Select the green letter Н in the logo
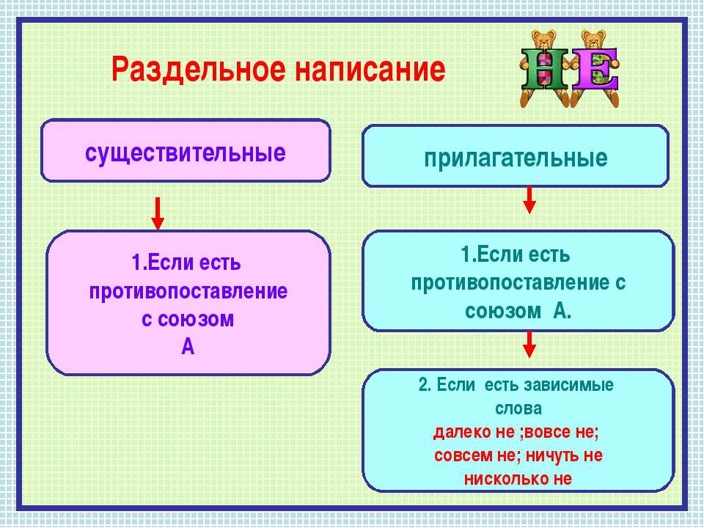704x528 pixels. coord(545,69)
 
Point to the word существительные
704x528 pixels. coord(186,153)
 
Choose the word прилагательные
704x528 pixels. coord(516,158)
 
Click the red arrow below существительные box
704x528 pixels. coord(158,213)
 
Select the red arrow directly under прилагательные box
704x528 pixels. coord(529,200)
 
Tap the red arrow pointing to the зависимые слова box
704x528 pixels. coord(529,345)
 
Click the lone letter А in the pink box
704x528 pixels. coord(188,347)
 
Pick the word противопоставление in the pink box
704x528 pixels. coord(188,291)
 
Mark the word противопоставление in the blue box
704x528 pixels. coord(508,283)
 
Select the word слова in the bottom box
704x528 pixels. coord(518,408)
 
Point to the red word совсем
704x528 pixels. coord(463,455)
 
